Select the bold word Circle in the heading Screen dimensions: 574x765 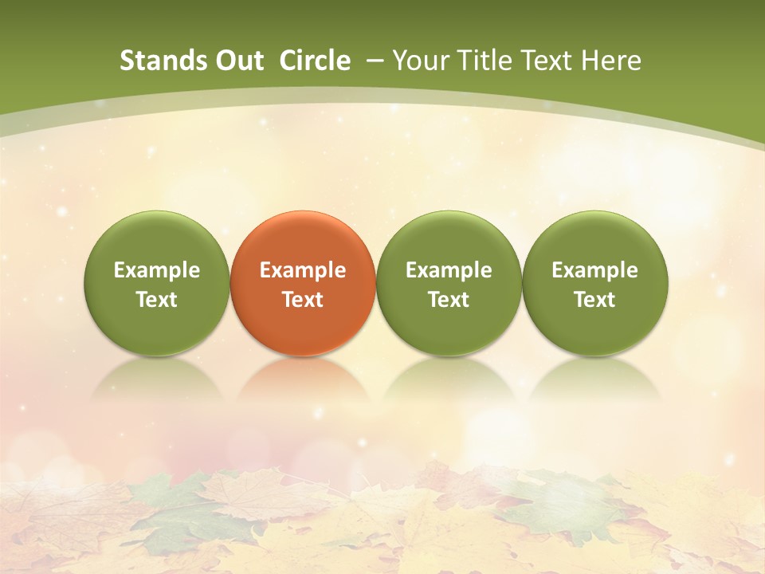pos(315,61)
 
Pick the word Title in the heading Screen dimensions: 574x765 pos(487,61)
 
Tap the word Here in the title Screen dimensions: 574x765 pos(613,61)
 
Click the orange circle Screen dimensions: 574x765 pos(303,239)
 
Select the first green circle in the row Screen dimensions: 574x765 pos(157,239)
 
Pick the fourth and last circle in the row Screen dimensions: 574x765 pos(595,239)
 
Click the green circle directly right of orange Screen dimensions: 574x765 pos(449,239)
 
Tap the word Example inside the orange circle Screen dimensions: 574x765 pos(303,270)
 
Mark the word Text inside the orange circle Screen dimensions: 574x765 pos(303,300)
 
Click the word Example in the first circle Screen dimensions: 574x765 pos(157,270)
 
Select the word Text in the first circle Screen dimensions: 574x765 pos(157,300)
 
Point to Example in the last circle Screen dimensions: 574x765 pos(595,270)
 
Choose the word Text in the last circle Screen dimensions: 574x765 pos(595,300)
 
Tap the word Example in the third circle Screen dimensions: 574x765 pos(449,270)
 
